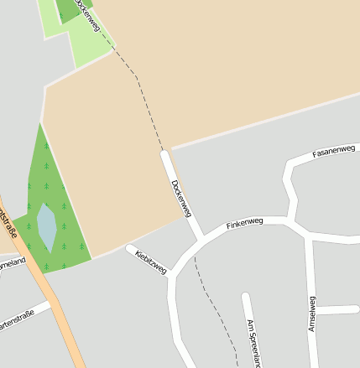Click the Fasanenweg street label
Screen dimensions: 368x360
tap(334, 149)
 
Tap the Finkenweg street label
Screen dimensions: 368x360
tap(245, 223)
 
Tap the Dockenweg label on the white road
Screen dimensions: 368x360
tap(181, 195)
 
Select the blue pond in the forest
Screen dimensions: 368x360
tap(47, 227)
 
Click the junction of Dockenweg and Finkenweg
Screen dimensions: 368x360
tap(200, 237)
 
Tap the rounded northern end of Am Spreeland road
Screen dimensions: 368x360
tap(245, 296)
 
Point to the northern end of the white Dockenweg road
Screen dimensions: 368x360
tap(165, 154)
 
